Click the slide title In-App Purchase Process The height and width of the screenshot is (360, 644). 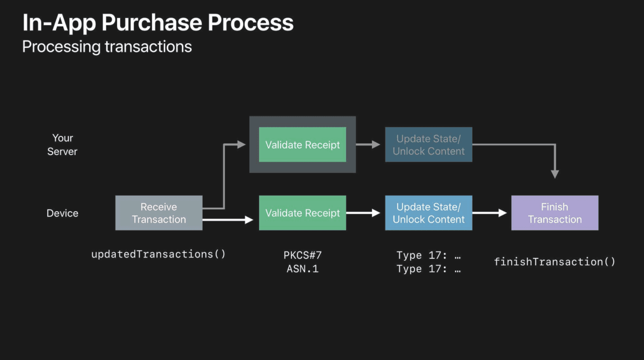point(158,22)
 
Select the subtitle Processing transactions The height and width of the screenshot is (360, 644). point(107,47)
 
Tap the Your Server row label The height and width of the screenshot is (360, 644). point(62,144)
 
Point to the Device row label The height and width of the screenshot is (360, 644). point(62,213)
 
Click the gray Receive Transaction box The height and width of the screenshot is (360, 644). point(159,213)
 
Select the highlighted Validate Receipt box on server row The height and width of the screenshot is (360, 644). point(302,144)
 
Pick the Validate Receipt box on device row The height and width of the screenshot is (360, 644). point(302,213)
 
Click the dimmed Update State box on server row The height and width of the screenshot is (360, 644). point(428,144)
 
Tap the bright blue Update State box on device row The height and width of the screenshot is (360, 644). point(428,213)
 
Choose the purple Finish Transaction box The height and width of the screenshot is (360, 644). point(554,213)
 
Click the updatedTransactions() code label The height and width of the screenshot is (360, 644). point(158,254)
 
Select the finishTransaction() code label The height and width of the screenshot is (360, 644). point(554,261)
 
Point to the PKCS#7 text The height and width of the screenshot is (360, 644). point(302,255)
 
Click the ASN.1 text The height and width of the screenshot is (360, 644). point(302,269)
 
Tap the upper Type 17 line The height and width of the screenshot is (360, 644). point(428,255)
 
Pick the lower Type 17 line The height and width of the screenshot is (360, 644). point(428,269)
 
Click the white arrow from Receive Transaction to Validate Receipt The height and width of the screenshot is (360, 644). point(228,220)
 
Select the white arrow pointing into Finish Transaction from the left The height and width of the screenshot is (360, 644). point(490,213)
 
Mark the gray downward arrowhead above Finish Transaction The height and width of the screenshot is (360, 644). point(555,174)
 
